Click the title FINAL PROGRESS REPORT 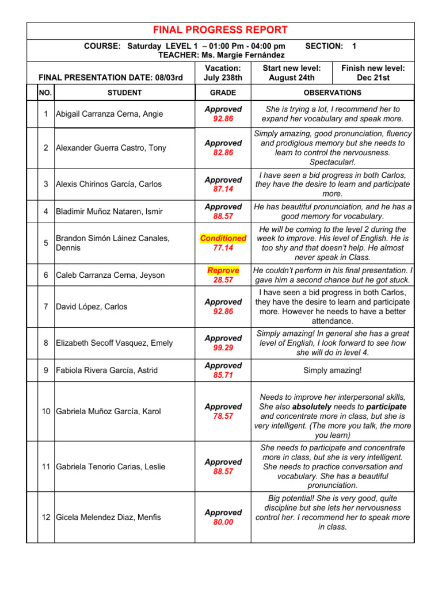(220, 30)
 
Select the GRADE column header (223, 93)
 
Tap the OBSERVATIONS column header (333, 93)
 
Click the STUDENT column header (124, 93)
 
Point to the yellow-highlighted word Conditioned (223, 238)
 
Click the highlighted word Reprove (223, 270)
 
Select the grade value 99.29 (223, 348)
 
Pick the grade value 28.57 (223, 280)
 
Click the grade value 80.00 (223, 522)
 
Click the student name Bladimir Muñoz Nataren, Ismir (109, 212)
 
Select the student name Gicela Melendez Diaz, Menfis (108, 517)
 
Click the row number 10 (45, 411)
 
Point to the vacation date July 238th (223, 78)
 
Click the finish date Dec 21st (373, 78)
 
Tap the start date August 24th (292, 78)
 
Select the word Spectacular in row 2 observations (331, 162)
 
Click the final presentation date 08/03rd (165, 78)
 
